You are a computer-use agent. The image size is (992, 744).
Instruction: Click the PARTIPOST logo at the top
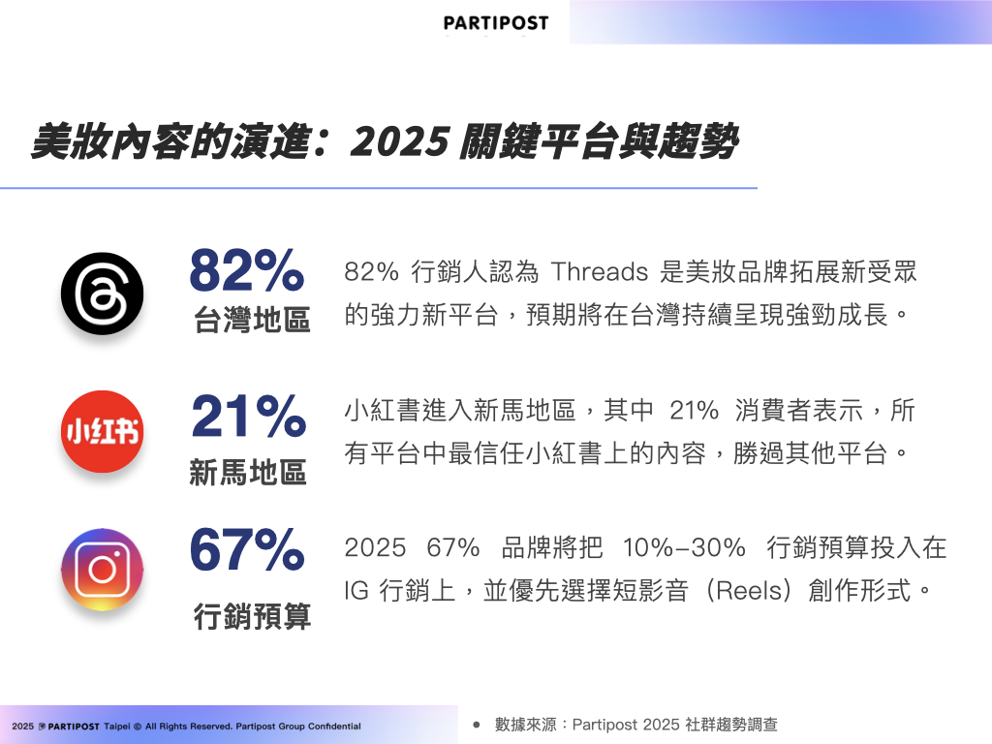[x=496, y=23]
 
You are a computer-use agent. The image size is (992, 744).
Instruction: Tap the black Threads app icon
[x=102, y=294]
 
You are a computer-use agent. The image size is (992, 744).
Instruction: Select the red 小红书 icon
[x=102, y=431]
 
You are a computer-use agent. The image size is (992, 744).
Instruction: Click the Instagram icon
[x=102, y=570]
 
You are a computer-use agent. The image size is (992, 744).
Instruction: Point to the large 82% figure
[x=247, y=270]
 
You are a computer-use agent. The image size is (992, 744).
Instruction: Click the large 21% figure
[x=249, y=416]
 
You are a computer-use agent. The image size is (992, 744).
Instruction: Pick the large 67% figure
[x=247, y=549]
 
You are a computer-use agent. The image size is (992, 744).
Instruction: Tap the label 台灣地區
[x=252, y=320]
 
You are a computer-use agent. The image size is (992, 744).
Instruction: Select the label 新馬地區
[x=248, y=472]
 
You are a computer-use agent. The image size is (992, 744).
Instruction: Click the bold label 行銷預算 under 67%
[x=252, y=615]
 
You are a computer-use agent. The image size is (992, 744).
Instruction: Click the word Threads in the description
[x=600, y=272]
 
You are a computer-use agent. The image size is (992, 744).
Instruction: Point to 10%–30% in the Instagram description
[x=684, y=548]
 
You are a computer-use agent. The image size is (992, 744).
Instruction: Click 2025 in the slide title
[x=400, y=141]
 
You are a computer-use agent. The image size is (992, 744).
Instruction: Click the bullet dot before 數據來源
[x=477, y=725]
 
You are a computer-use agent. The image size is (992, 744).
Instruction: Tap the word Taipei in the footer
[x=117, y=727]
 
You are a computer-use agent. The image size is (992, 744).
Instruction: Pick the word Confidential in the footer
[x=334, y=727]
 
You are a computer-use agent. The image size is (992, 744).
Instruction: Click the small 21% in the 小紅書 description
[x=694, y=411]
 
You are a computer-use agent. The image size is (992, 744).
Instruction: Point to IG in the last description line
[x=356, y=591]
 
